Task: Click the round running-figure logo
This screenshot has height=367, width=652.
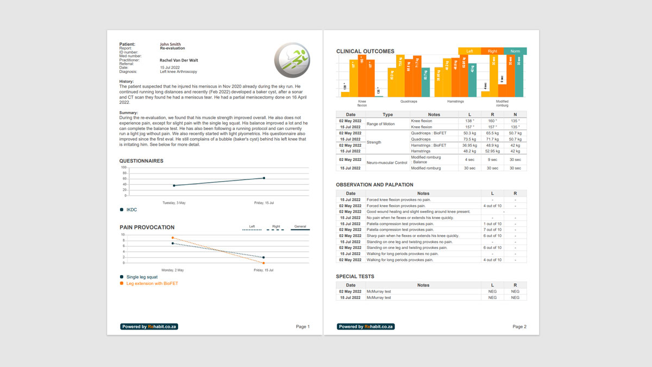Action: tap(292, 60)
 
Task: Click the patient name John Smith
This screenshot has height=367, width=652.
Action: tap(170, 45)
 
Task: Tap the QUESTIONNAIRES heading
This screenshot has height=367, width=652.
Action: tap(141, 161)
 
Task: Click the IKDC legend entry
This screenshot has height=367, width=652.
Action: tap(131, 210)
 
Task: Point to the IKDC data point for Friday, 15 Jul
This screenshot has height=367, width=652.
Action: tap(264, 178)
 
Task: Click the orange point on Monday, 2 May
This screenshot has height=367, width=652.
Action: tap(173, 238)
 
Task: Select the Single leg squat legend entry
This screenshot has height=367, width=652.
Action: tap(142, 277)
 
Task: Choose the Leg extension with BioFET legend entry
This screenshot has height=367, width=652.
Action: tap(152, 283)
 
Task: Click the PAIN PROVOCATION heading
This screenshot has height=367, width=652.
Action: tap(147, 227)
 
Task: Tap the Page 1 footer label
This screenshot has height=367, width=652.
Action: tap(303, 327)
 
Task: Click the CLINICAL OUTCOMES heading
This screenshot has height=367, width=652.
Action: tap(365, 52)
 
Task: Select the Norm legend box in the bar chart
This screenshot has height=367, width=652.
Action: tap(515, 51)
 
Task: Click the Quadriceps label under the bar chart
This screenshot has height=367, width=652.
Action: tap(409, 102)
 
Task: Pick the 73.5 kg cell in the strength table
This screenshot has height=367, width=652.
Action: tap(469, 139)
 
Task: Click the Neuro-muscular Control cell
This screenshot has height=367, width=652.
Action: tap(386, 163)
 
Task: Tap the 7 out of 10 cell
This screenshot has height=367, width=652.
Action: tap(492, 230)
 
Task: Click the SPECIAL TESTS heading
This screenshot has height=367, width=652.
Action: tap(355, 277)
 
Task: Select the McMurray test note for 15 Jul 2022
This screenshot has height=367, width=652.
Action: tap(379, 298)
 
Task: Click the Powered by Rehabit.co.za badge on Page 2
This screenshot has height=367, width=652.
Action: tap(366, 327)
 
